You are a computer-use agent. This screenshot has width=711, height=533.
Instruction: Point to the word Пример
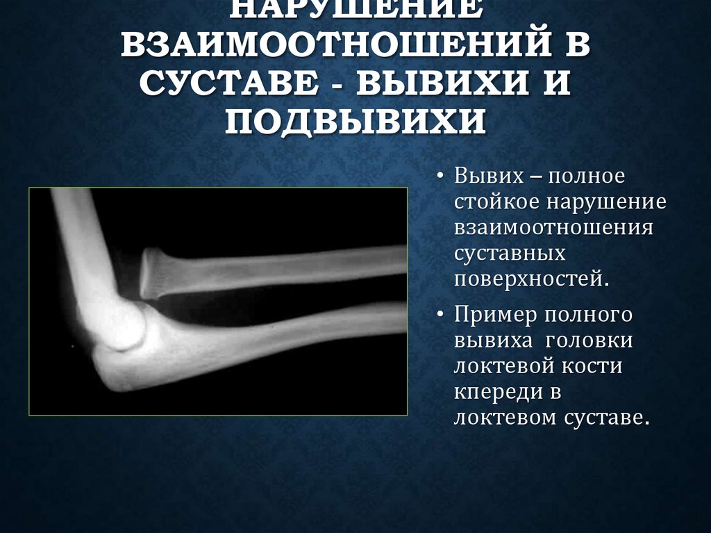point(495,315)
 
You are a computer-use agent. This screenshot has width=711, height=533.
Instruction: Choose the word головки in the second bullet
point(589,341)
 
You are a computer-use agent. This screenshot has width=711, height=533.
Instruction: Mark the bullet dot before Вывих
point(442,177)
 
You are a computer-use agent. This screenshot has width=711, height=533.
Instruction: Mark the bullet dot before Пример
point(442,315)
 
